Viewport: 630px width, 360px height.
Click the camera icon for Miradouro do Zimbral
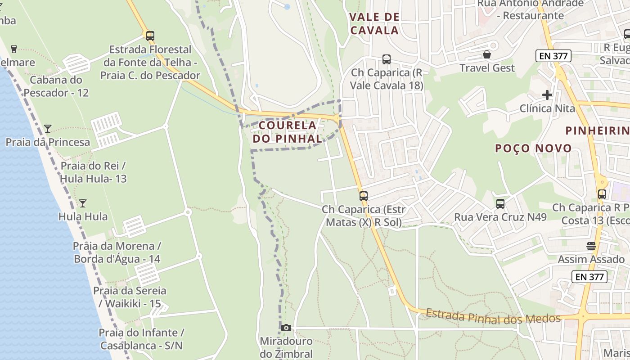(x=286, y=328)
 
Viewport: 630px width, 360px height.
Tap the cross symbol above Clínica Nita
(x=547, y=95)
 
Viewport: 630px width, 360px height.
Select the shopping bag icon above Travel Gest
(x=487, y=55)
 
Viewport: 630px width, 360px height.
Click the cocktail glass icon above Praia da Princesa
(x=48, y=129)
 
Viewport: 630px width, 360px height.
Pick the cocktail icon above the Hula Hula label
(x=83, y=203)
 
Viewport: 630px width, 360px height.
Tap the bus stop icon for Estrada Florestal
(x=150, y=36)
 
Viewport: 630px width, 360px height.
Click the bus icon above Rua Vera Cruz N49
(x=500, y=204)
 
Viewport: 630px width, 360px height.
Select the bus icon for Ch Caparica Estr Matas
(x=364, y=196)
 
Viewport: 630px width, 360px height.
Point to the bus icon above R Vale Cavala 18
(x=387, y=59)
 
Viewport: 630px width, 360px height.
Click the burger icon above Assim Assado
(x=591, y=246)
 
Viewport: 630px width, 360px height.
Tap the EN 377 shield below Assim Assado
(x=589, y=277)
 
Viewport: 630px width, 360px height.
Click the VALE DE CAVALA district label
(x=374, y=24)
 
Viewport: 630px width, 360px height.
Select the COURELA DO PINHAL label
(x=288, y=132)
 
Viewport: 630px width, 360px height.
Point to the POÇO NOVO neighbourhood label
(x=533, y=148)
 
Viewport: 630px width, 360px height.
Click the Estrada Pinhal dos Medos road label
(x=493, y=316)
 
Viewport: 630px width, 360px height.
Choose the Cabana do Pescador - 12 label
(x=56, y=86)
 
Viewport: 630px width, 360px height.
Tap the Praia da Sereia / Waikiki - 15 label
(x=130, y=297)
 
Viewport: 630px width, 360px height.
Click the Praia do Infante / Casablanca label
(x=141, y=339)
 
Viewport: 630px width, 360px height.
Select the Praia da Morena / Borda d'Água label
(x=117, y=252)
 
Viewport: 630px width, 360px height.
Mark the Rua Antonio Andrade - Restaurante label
(x=531, y=9)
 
